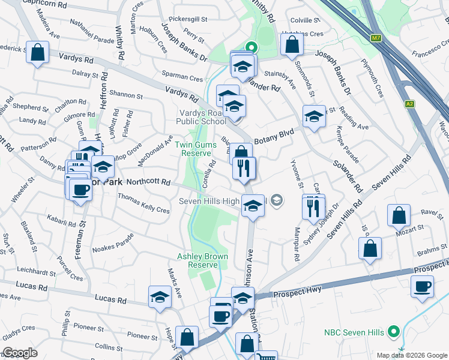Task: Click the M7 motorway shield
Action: [376, 38]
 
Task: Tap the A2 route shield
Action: [409, 104]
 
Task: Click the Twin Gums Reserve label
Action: [193, 149]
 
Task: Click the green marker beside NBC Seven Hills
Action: [394, 331]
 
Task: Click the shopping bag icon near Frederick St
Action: [37, 52]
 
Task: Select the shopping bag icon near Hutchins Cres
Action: [291, 44]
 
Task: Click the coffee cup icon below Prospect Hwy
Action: [422, 286]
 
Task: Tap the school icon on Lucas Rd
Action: [160, 297]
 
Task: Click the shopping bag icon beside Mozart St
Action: [399, 215]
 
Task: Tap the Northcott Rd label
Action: [149, 182]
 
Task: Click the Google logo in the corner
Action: [20, 353]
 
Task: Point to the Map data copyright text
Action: [412, 355]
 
